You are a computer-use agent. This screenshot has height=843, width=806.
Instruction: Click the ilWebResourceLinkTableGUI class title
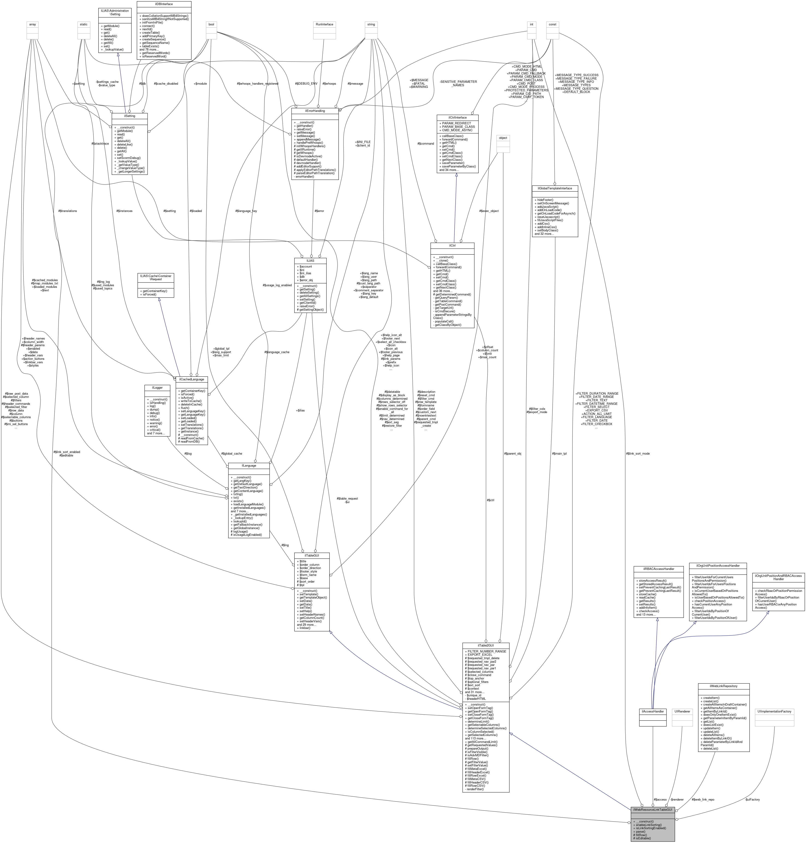pyautogui.click(x=653, y=810)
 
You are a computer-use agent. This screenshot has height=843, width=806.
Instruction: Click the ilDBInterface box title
pyautogui.click(x=158, y=4)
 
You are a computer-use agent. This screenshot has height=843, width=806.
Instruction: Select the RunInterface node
pyautogui.click(x=324, y=24)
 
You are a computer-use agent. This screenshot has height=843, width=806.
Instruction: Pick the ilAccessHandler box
pyautogui.click(x=653, y=712)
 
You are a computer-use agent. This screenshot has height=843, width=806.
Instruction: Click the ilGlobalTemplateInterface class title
pyautogui.click(x=555, y=188)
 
